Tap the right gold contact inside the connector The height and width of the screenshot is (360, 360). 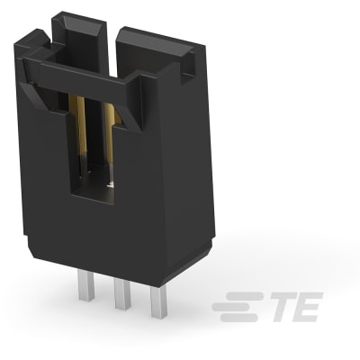[109, 130]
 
